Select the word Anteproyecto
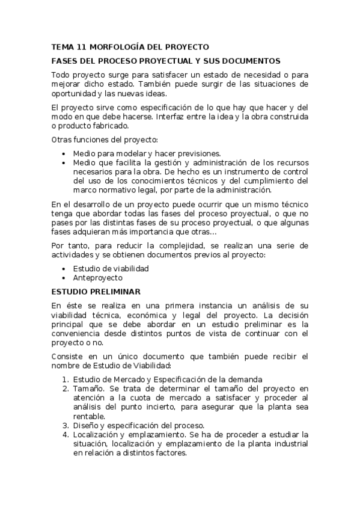(97, 278)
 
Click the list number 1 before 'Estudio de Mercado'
(66, 379)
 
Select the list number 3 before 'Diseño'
(66, 426)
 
